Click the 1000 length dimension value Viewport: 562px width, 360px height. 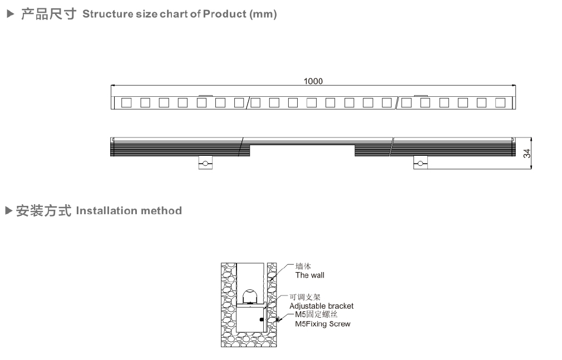click(313, 81)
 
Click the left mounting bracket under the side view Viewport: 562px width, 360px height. click(206, 162)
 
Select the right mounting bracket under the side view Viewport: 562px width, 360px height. click(420, 162)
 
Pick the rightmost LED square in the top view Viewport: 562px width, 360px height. click(500, 102)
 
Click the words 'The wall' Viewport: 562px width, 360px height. click(309, 275)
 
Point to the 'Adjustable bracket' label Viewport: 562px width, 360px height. click(321, 306)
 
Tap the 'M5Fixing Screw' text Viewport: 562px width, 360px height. click(323, 324)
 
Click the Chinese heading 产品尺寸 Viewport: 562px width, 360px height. click(48, 14)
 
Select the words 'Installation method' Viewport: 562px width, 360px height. click(129, 211)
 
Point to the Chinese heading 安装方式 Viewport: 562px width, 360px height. click(43, 211)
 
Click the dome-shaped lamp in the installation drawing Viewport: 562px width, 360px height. click(249, 296)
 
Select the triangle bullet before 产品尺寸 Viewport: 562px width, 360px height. click(9, 14)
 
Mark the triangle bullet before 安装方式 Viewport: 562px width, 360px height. click(8, 211)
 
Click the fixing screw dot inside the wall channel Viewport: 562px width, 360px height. click(261, 320)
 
